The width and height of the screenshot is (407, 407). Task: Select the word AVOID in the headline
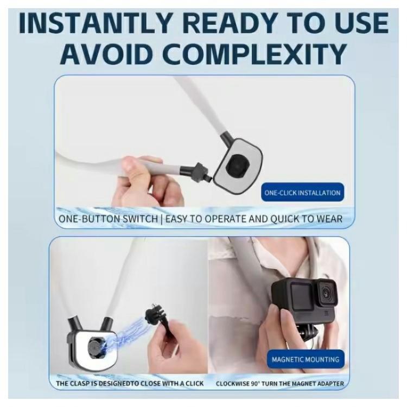(104, 54)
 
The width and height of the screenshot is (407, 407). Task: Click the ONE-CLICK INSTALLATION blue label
(302, 193)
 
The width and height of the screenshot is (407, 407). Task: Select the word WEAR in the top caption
(327, 220)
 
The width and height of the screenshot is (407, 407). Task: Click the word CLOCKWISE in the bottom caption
(236, 384)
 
